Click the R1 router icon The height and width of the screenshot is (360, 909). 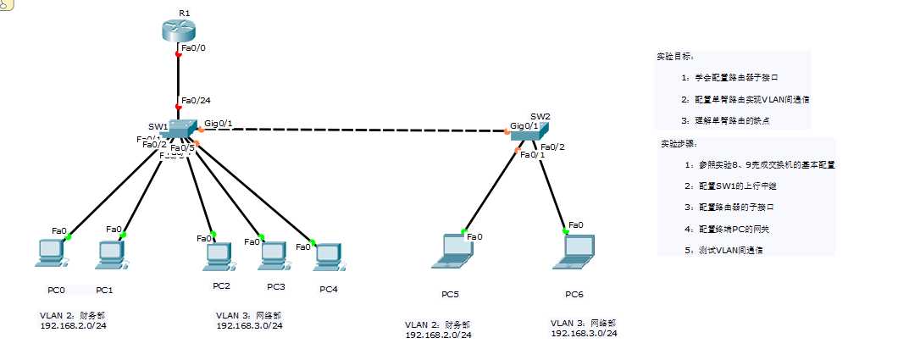coord(177,29)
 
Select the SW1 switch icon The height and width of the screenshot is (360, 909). coord(180,128)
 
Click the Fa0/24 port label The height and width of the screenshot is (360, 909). coord(196,100)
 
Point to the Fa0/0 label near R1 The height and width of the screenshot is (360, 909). coord(193,48)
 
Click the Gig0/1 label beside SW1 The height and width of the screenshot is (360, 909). coord(218,123)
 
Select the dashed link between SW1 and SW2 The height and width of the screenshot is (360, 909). coord(356,131)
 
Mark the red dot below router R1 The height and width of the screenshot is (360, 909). coord(178,53)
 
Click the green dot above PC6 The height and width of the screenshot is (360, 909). coord(564,230)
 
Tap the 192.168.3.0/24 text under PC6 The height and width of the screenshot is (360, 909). coord(584,334)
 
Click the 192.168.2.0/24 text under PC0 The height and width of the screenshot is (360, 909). coord(73,325)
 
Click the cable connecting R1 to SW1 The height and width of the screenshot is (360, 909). coord(178,80)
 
